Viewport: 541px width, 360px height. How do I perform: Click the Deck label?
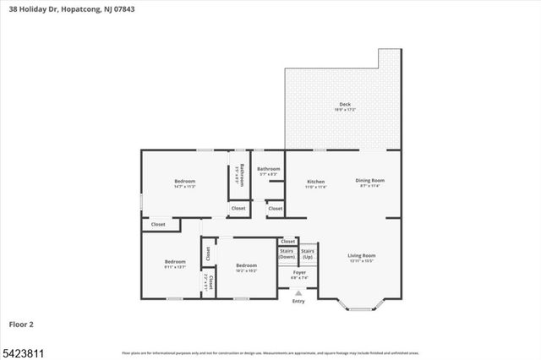point(345,105)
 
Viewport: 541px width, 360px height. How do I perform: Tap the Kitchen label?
point(316,182)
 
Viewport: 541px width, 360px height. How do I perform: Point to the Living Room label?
point(362,255)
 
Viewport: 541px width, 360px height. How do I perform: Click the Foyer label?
point(299,272)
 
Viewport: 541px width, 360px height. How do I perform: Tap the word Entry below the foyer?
point(298,301)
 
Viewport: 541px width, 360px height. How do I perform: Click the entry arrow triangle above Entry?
point(298,292)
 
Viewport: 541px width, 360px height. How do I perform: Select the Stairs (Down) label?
point(287,254)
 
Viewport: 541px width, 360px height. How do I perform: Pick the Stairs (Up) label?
point(309,253)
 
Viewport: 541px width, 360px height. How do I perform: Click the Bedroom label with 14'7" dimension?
point(185,182)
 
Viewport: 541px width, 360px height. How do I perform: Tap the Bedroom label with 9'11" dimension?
point(175,261)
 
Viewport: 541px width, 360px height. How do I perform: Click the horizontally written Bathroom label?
point(269,169)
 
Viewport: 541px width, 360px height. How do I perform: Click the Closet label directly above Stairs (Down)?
point(288,242)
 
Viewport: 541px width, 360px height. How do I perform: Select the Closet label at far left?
point(158,224)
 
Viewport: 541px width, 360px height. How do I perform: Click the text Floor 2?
point(21,324)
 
